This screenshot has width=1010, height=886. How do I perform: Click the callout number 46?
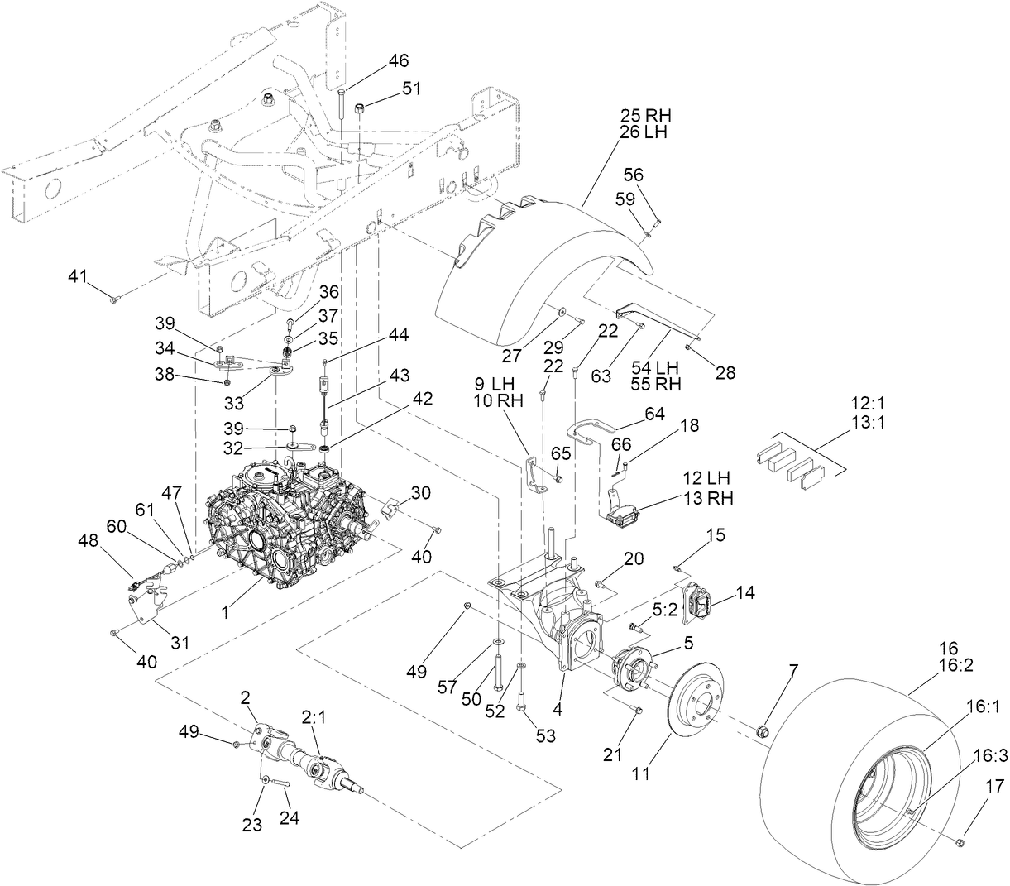[x=399, y=60]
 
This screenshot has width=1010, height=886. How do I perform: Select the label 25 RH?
[x=647, y=115]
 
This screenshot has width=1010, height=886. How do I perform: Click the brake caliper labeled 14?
[x=700, y=605]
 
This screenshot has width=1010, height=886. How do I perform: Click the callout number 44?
[x=399, y=334]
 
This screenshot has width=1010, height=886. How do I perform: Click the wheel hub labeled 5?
[x=634, y=669]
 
